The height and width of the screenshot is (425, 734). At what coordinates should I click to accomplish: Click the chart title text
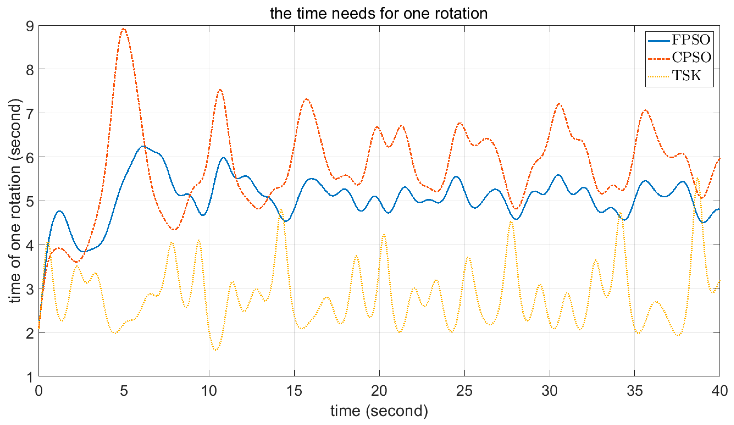(379, 13)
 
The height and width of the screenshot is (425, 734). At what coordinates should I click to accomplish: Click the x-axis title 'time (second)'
(379, 411)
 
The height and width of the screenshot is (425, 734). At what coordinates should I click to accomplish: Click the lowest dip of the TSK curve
(216, 349)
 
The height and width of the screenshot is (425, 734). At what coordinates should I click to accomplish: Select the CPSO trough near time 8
(174, 230)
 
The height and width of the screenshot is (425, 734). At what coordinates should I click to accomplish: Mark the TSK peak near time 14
(281, 209)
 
